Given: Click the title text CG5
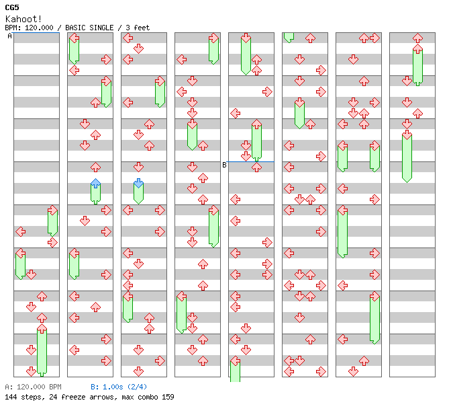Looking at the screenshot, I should click(x=11, y=7).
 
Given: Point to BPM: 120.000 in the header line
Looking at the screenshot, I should click(x=32, y=28).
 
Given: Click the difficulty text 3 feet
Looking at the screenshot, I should click(x=137, y=28).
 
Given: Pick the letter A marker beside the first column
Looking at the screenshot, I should click(x=10, y=36).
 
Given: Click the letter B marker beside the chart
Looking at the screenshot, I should click(x=225, y=165).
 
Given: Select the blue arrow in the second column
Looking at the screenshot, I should click(x=95, y=183).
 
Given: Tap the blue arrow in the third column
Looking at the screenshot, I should click(x=138, y=183).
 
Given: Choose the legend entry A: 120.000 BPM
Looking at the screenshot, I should click(x=33, y=387).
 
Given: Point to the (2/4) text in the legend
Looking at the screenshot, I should click(x=138, y=387).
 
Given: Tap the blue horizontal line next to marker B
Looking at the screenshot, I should click(x=251, y=161).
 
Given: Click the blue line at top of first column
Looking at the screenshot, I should click(x=36, y=33).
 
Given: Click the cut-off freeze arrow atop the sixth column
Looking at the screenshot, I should click(x=289, y=36).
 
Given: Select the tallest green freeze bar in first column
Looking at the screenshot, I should click(x=42, y=351).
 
